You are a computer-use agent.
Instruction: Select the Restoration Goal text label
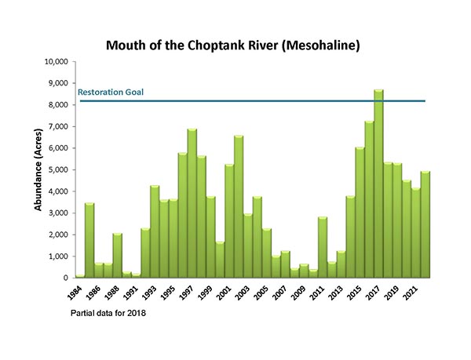click(x=111, y=93)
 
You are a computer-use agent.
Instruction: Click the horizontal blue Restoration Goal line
click(x=251, y=101)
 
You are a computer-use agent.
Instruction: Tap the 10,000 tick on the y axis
click(x=53, y=61)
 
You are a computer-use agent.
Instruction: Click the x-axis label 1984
click(x=75, y=292)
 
